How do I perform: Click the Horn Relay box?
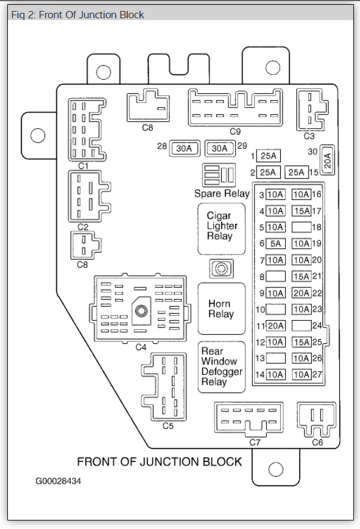tap(221, 309)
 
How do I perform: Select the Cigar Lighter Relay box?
tap(221, 229)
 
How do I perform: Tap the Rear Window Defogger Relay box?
tap(221, 367)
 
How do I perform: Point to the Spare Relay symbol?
tap(219, 175)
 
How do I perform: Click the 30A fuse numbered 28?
tap(185, 149)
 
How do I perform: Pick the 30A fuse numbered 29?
tap(220, 149)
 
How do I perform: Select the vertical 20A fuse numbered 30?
tap(327, 160)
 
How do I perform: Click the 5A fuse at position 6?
tap(275, 243)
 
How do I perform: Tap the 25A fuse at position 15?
tap(297, 172)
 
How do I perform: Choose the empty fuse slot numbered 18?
tap(302, 228)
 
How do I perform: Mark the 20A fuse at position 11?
tap(275, 326)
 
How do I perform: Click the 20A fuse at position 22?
tap(302, 293)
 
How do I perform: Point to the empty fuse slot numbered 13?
tap(275, 359)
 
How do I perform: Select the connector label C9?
tap(235, 131)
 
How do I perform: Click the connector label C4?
tap(141, 347)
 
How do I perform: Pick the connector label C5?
tap(168, 426)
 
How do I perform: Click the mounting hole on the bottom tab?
tap(275, 469)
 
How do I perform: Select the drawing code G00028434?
tap(58, 481)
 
